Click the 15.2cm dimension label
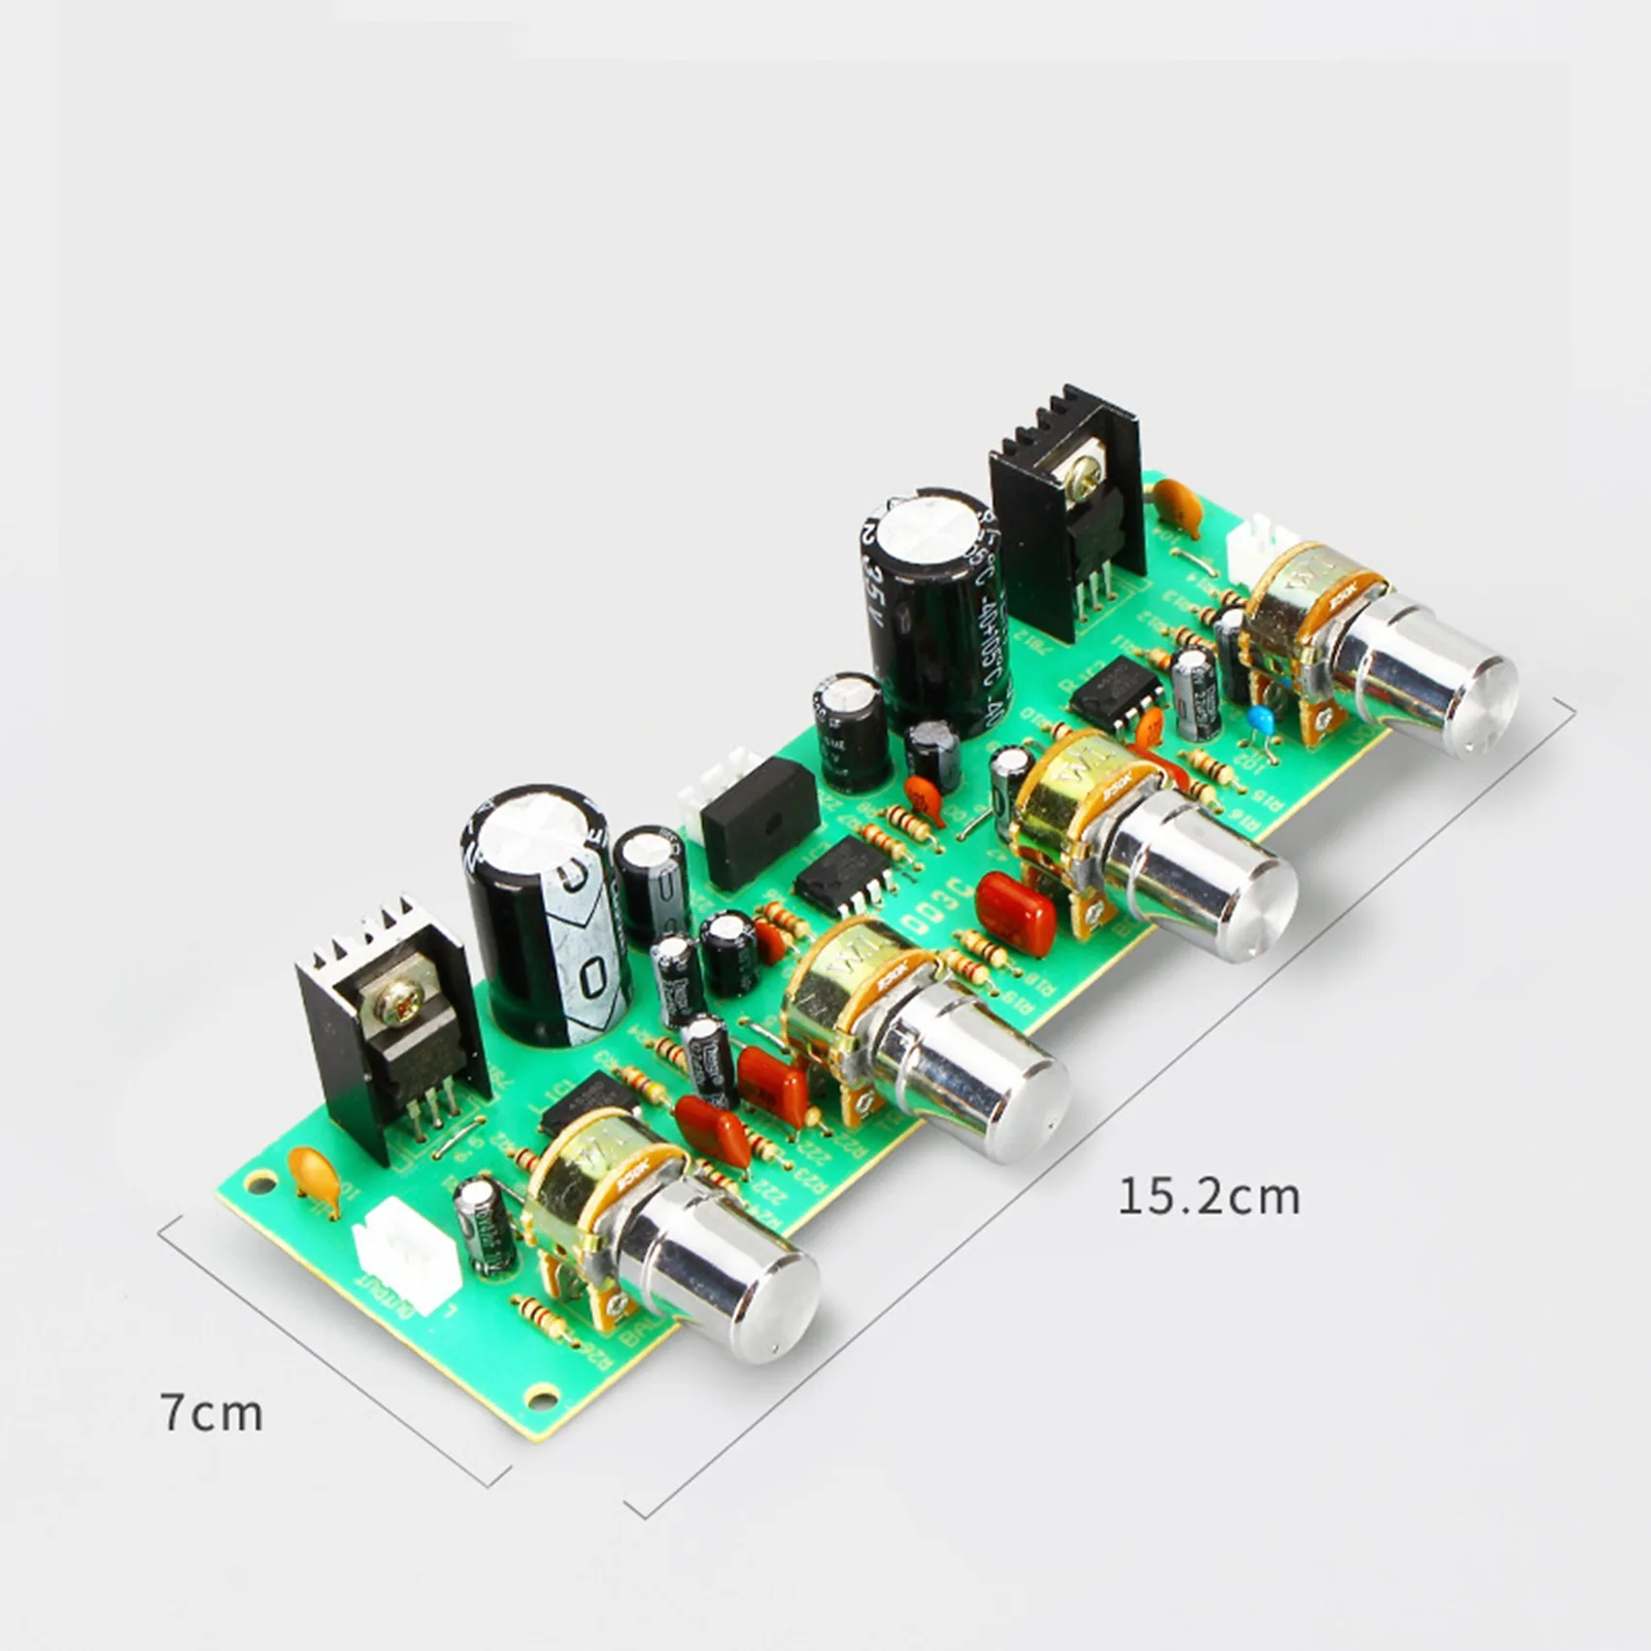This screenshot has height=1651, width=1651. click(1208, 1196)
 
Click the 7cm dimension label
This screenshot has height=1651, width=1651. click(212, 1413)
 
